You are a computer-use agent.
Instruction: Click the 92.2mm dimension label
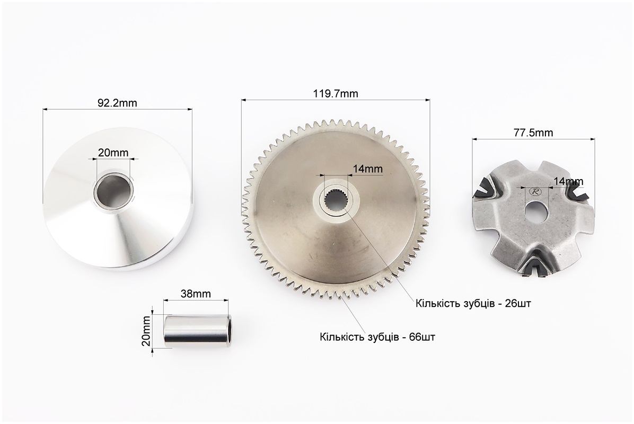point(117,103)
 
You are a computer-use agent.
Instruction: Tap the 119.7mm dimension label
point(336,94)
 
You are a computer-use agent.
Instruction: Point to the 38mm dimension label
point(196,294)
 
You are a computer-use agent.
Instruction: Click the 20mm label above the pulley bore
point(113,153)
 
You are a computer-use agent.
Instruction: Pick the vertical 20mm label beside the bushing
point(146,331)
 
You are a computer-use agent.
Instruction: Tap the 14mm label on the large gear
point(367,169)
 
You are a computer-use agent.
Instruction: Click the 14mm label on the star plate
point(568,181)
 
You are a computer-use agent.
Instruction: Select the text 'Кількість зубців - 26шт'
point(473,303)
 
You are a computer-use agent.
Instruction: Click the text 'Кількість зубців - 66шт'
point(377,337)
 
